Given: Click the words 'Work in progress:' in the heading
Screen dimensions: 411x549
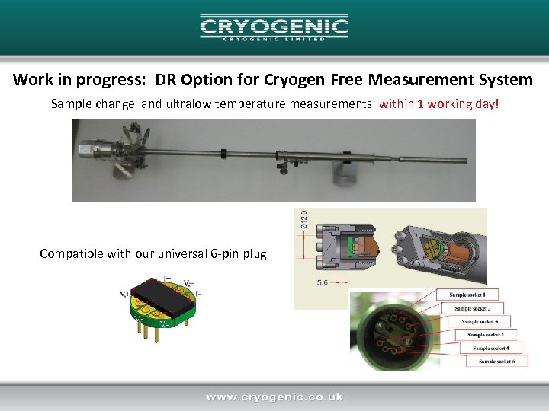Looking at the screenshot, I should [63, 80].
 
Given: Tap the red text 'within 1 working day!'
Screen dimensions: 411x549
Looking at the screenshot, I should [440, 104].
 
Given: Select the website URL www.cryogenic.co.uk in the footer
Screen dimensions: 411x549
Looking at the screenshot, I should [274, 397].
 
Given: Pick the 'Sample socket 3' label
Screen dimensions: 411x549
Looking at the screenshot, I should [479, 308].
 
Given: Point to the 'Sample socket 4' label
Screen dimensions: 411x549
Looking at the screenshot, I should [491, 348].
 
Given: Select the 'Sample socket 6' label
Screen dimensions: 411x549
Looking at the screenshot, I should [496, 361].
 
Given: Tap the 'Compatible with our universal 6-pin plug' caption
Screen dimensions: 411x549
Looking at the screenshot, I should [153, 253].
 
